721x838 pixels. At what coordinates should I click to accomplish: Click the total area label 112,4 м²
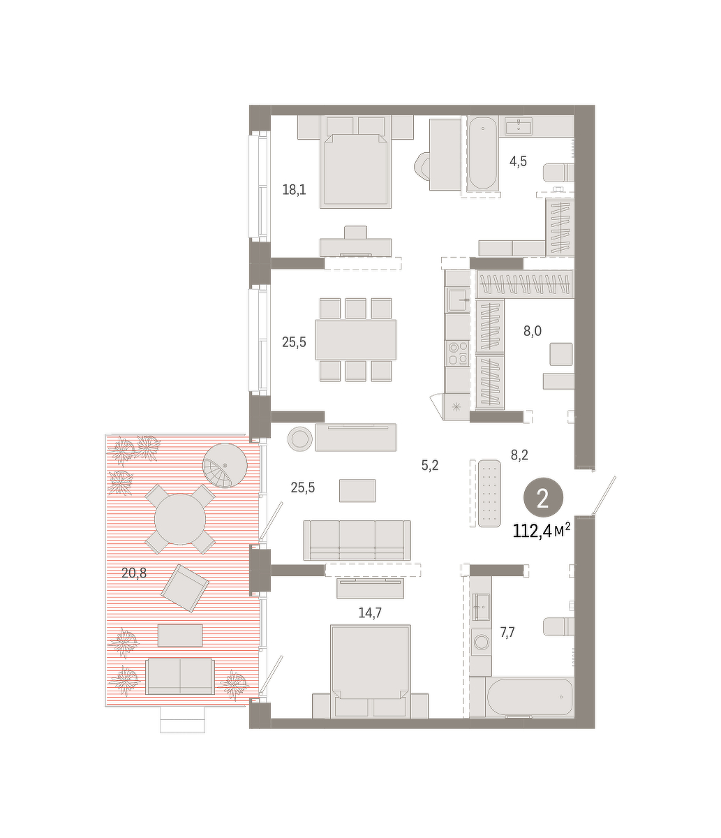[x=542, y=531]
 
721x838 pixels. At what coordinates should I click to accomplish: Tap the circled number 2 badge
[x=543, y=497]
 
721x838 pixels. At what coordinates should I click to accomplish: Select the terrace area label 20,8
[x=134, y=573]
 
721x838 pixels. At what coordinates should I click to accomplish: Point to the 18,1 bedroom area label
[x=294, y=189]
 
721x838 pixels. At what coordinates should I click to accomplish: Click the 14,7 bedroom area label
[x=370, y=613]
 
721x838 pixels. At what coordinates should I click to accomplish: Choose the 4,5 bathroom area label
[x=518, y=161]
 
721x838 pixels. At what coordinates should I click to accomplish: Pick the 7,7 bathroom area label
[x=507, y=632]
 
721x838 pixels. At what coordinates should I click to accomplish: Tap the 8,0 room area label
[x=532, y=331]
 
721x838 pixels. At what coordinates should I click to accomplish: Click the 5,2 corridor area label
[x=430, y=465]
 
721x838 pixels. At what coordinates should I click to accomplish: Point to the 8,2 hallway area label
[x=519, y=455]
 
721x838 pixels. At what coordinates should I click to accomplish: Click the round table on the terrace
[x=180, y=519]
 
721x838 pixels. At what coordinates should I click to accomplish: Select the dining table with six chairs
[x=356, y=340]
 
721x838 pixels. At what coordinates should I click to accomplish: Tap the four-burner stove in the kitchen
[x=457, y=353]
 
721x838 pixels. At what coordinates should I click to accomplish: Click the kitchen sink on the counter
[x=458, y=300]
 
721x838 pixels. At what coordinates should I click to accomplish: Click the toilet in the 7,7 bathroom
[x=558, y=626]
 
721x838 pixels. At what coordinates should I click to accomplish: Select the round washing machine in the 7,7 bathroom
[x=481, y=642]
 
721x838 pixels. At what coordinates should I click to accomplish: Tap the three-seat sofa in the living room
[x=357, y=541]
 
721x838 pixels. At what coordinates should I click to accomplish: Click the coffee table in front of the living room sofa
[x=357, y=490]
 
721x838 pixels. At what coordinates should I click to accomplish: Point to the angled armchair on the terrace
[x=185, y=588]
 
